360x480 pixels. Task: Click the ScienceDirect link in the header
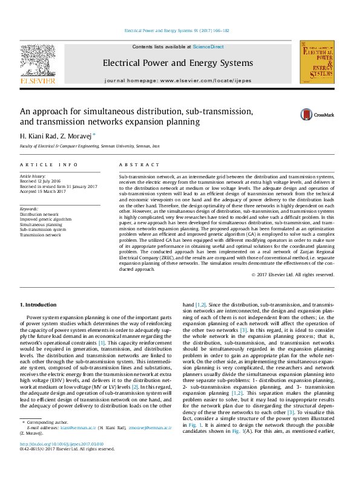pos(209,47)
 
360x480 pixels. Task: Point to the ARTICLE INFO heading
pos(48,164)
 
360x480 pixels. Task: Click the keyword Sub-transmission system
pos(43,229)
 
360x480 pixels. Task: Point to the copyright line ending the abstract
pos(293,274)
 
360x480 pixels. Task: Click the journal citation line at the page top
pos(176,30)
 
